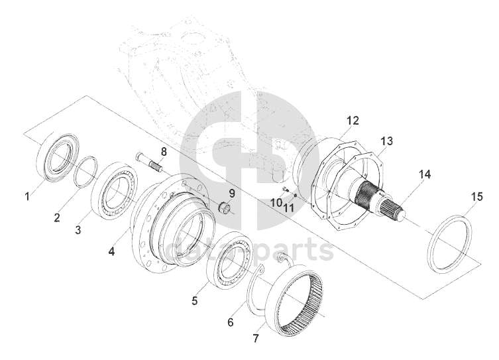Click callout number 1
pyautogui.click(x=27, y=196)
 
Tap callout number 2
pyautogui.click(x=58, y=217)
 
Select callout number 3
pyautogui.click(x=78, y=230)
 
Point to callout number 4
pyautogui.click(x=112, y=252)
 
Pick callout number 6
pyautogui.click(x=230, y=322)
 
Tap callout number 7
pyautogui.click(x=255, y=339)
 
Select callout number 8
pyautogui.click(x=163, y=151)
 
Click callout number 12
pyautogui.click(x=353, y=121)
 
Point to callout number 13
pyautogui.click(x=386, y=141)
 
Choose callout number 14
pyautogui.click(x=424, y=174)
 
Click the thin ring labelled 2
pyautogui.click(x=85, y=173)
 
